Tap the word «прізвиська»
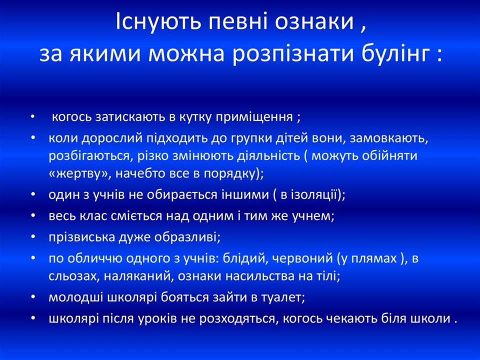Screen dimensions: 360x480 (x=76, y=236)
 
